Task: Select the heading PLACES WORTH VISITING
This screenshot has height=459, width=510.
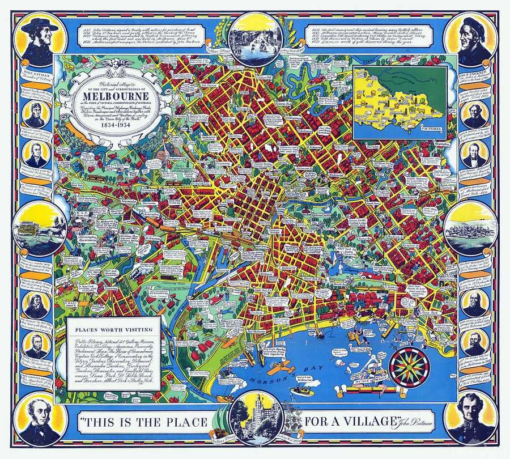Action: click(113, 328)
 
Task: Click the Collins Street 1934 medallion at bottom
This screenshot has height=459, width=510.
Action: click(254, 418)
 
